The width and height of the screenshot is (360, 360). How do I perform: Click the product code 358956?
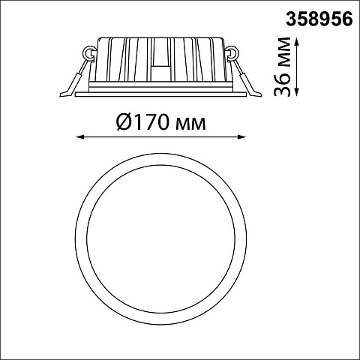[319, 19]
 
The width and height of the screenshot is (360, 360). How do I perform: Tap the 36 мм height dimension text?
[283, 67]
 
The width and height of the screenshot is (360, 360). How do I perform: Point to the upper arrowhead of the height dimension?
[296, 41]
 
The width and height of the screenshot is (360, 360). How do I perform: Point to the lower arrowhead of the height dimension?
[296, 92]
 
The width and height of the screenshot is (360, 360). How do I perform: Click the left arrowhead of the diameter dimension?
[79, 136]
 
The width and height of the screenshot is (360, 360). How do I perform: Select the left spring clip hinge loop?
[89, 53]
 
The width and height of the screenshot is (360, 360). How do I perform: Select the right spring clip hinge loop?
[232, 53]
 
